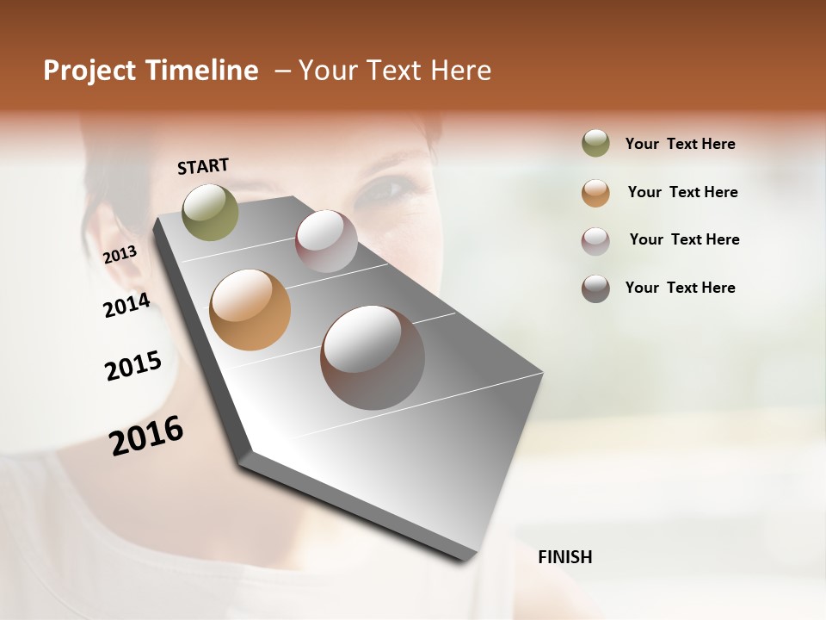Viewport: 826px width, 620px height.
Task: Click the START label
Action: [203, 166]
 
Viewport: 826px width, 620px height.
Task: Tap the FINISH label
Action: [564, 557]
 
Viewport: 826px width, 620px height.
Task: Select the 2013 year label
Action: [120, 255]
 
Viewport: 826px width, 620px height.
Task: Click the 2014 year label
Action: [126, 306]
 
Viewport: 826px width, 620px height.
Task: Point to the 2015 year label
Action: [133, 366]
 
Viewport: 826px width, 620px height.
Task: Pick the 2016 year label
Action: [146, 436]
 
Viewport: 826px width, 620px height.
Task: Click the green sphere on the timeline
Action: [210, 212]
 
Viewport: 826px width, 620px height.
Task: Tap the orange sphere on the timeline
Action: [250, 310]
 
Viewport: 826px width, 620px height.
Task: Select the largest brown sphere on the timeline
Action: [373, 357]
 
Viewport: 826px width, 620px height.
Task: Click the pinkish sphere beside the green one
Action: [326, 241]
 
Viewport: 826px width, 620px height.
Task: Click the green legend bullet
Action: [595, 144]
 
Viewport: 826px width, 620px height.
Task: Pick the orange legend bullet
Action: [595, 193]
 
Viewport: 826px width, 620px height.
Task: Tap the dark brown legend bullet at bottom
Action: [595, 288]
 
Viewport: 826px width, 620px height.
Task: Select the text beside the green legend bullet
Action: [680, 144]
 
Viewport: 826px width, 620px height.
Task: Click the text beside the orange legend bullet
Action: [682, 192]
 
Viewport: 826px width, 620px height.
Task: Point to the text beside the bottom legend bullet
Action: [680, 288]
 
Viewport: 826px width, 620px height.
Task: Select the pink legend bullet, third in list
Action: [595, 241]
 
